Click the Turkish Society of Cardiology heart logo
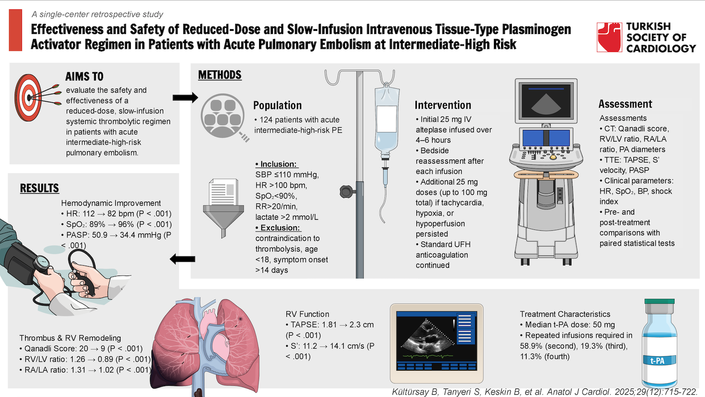[x=609, y=37]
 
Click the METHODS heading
[x=220, y=75]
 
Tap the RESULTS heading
[x=39, y=188]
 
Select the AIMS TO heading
[x=84, y=77]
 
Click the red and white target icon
[x=29, y=97]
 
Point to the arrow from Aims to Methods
[x=185, y=97]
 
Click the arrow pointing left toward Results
[x=183, y=259]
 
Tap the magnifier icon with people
[x=223, y=117]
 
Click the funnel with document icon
[x=223, y=206]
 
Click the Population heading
[x=277, y=105]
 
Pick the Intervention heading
[x=443, y=105]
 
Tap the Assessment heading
[x=625, y=104]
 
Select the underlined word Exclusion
[x=280, y=228]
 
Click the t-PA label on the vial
[x=657, y=361]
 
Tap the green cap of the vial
[x=659, y=302]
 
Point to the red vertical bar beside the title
[x=15, y=30]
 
